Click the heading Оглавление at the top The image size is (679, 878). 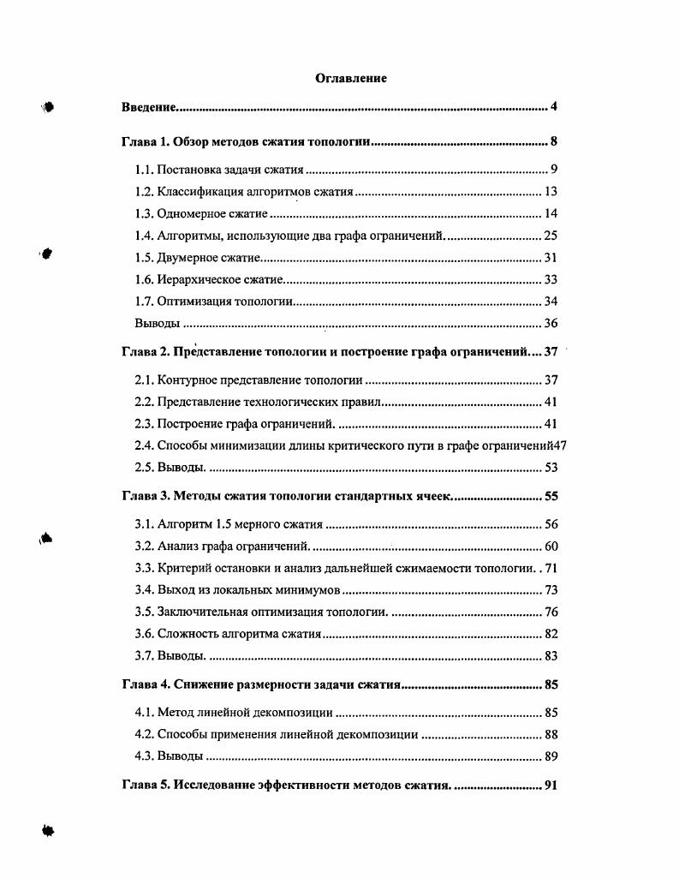click(x=351, y=79)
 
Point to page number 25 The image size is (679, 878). click(x=551, y=236)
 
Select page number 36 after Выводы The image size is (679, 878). click(x=551, y=323)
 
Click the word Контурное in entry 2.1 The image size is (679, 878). click(x=188, y=379)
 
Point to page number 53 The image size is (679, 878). click(x=551, y=468)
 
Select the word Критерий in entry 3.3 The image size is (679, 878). click(x=185, y=568)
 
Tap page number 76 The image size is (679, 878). click(x=551, y=612)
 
